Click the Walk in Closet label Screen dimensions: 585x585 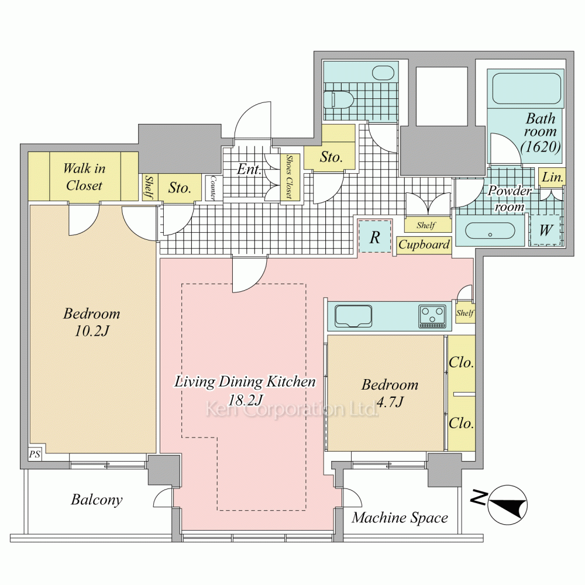84,177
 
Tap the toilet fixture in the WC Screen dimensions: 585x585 338,99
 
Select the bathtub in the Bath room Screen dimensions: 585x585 526,88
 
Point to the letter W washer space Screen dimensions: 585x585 546,230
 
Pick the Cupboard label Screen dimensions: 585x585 424,245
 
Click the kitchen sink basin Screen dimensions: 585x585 353,316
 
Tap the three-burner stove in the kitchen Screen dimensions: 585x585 432,316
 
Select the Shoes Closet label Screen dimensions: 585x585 289,177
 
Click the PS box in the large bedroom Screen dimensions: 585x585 35,454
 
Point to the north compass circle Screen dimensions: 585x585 507,505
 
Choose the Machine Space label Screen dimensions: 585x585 400,518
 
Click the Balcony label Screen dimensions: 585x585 97,500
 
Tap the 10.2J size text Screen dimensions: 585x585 92,331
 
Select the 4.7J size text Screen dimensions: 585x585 390,402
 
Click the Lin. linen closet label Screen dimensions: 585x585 552,177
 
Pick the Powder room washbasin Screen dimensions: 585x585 490,231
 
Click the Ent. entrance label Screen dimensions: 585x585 249,170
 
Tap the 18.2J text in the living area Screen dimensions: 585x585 245,400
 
